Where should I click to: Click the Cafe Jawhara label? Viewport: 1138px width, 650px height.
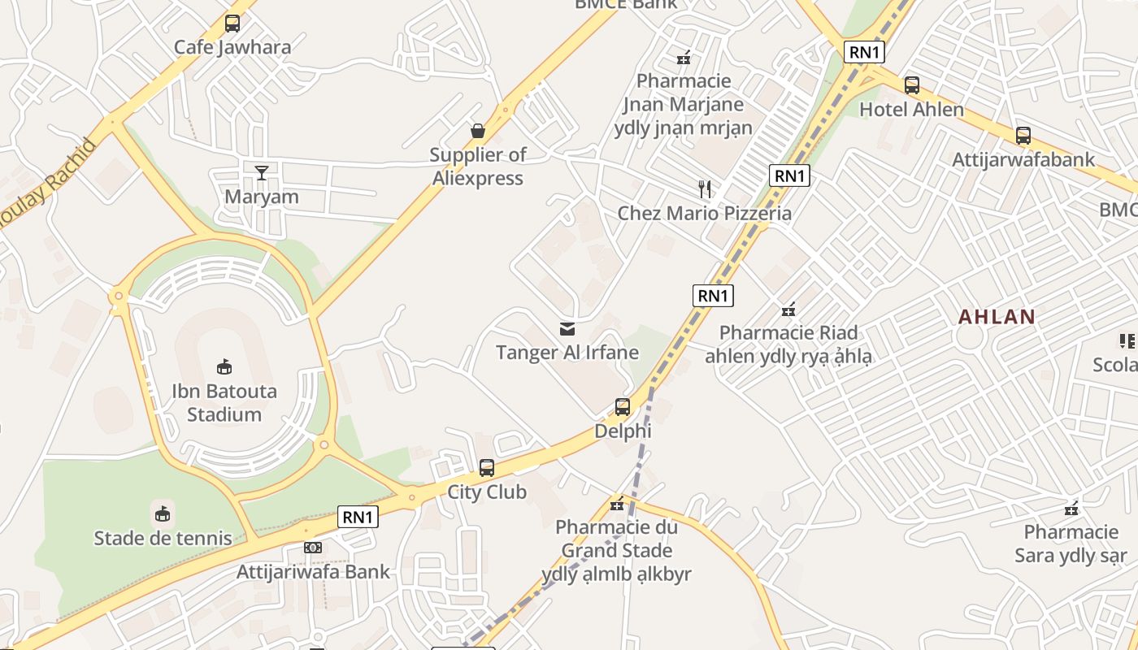[x=232, y=47]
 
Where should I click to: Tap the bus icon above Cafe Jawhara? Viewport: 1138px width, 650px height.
[x=232, y=24]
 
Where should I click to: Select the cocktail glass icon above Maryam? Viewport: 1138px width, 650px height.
[x=262, y=172]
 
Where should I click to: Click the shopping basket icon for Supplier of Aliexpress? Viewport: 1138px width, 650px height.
[x=478, y=131]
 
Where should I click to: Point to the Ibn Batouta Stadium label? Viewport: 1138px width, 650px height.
[x=224, y=403]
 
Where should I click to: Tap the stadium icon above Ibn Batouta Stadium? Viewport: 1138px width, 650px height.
[x=224, y=367]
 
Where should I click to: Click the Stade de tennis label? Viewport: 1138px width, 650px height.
[x=163, y=538]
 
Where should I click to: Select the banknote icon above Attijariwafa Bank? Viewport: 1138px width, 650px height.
[x=313, y=548]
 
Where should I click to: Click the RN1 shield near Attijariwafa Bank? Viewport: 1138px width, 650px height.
[x=358, y=517]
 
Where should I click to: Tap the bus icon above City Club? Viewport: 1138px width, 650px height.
[x=487, y=468]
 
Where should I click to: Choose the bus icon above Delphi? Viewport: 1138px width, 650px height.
[x=623, y=407]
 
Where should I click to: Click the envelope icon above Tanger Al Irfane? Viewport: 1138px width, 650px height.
[x=567, y=329]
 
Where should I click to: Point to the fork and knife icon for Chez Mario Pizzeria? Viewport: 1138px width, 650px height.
[x=705, y=189]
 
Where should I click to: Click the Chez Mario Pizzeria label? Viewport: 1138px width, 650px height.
[x=705, y=214]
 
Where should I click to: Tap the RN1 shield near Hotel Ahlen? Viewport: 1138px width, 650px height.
[x=863, y=52]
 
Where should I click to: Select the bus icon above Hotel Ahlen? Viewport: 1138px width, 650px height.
[x=912, y=85]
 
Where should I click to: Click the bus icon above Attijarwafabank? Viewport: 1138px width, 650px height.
[x=1023, y=136]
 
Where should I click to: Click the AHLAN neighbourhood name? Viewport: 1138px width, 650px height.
[x=997, y=317]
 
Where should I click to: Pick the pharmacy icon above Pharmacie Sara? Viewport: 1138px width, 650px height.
[x=1071, y=509]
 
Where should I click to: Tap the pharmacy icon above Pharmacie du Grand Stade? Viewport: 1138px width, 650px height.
[x=617, y=505]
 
